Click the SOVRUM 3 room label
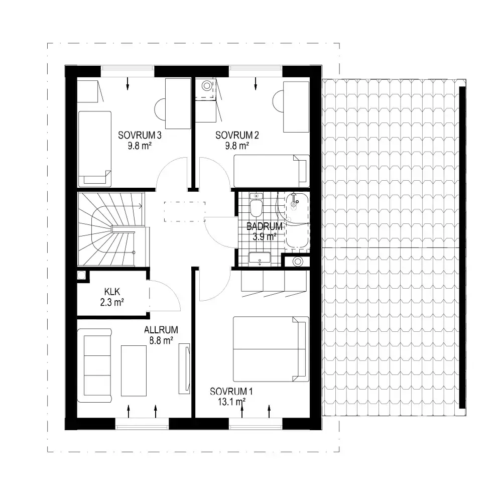(140, 135)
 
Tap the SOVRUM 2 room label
(237, 135)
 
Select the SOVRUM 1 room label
(231, 391)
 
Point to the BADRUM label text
(265, 226)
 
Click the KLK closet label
(112, 292)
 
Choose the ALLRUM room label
(161, 330)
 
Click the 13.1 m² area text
(232, 402)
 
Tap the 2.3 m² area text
(112, 302)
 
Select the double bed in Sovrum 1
(271, 349)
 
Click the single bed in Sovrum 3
(95, 149)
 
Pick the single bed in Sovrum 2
(272, 171)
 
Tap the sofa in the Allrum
(94, 365)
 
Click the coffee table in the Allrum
(134, 371)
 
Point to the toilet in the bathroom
(256, 205)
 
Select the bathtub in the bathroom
(297, 220)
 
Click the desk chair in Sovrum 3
(160, 109)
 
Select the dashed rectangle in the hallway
(185, 212)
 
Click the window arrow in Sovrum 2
(256, 83)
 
